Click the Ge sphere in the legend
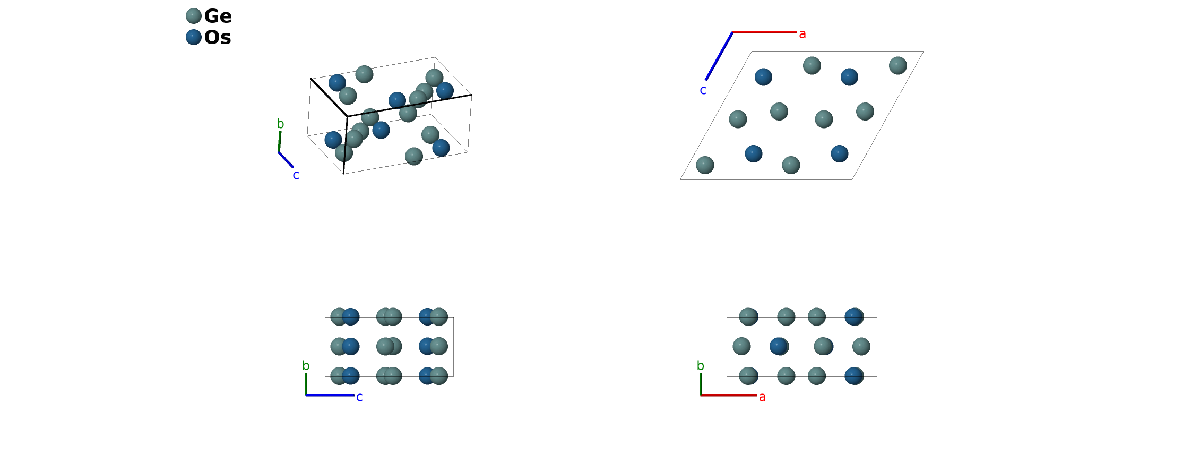coord(194,16)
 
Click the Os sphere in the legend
coord(194,37)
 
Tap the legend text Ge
coord(218,16)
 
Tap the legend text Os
coord(218,38)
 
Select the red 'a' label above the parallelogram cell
coord(802,35)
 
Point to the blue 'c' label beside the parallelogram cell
coord(703,91)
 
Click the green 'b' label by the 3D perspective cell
coord(280,124)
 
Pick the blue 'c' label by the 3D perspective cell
coord(296,175)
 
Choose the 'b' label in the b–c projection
coord(306,365)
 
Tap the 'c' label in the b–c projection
coord(359,397)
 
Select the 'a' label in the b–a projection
coord(762,397)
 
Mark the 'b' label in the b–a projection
coord(701,365)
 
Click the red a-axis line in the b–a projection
coord(729,395)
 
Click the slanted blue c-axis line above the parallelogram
coord(719,56)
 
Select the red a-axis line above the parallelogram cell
coord(764,32)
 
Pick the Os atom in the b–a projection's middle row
coord(778,346)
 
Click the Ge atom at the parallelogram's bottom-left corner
coord(705,165)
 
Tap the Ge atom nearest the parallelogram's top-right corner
coord(897,65)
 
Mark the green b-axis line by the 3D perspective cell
coord(279,142)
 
